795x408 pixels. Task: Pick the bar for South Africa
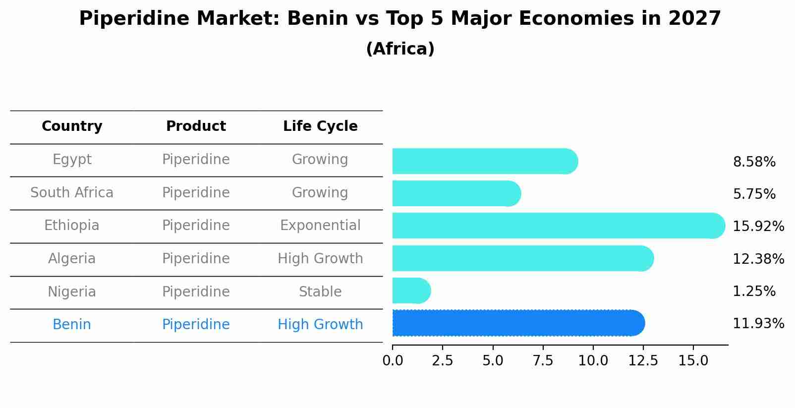[456, 193]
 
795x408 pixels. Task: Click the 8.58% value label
[754, 162]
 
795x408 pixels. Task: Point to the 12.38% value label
[758, 259]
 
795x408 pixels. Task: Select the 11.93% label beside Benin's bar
[758, 324]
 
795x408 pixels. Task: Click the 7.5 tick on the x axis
[543, 361]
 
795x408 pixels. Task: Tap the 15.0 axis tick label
[693, 361]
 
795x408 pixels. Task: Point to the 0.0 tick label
[393, 361]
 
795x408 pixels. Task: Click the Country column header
[72, 126]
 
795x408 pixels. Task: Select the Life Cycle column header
[320, 126]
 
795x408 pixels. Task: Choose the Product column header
[196, 126]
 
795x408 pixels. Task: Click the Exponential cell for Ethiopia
[320, 226]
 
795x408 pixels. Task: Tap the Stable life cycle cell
[320, 291]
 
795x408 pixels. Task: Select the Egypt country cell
[72, 160]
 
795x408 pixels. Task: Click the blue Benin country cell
[72, 325]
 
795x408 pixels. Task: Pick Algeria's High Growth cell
[320, 259]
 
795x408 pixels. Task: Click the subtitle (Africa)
[400, 49]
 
